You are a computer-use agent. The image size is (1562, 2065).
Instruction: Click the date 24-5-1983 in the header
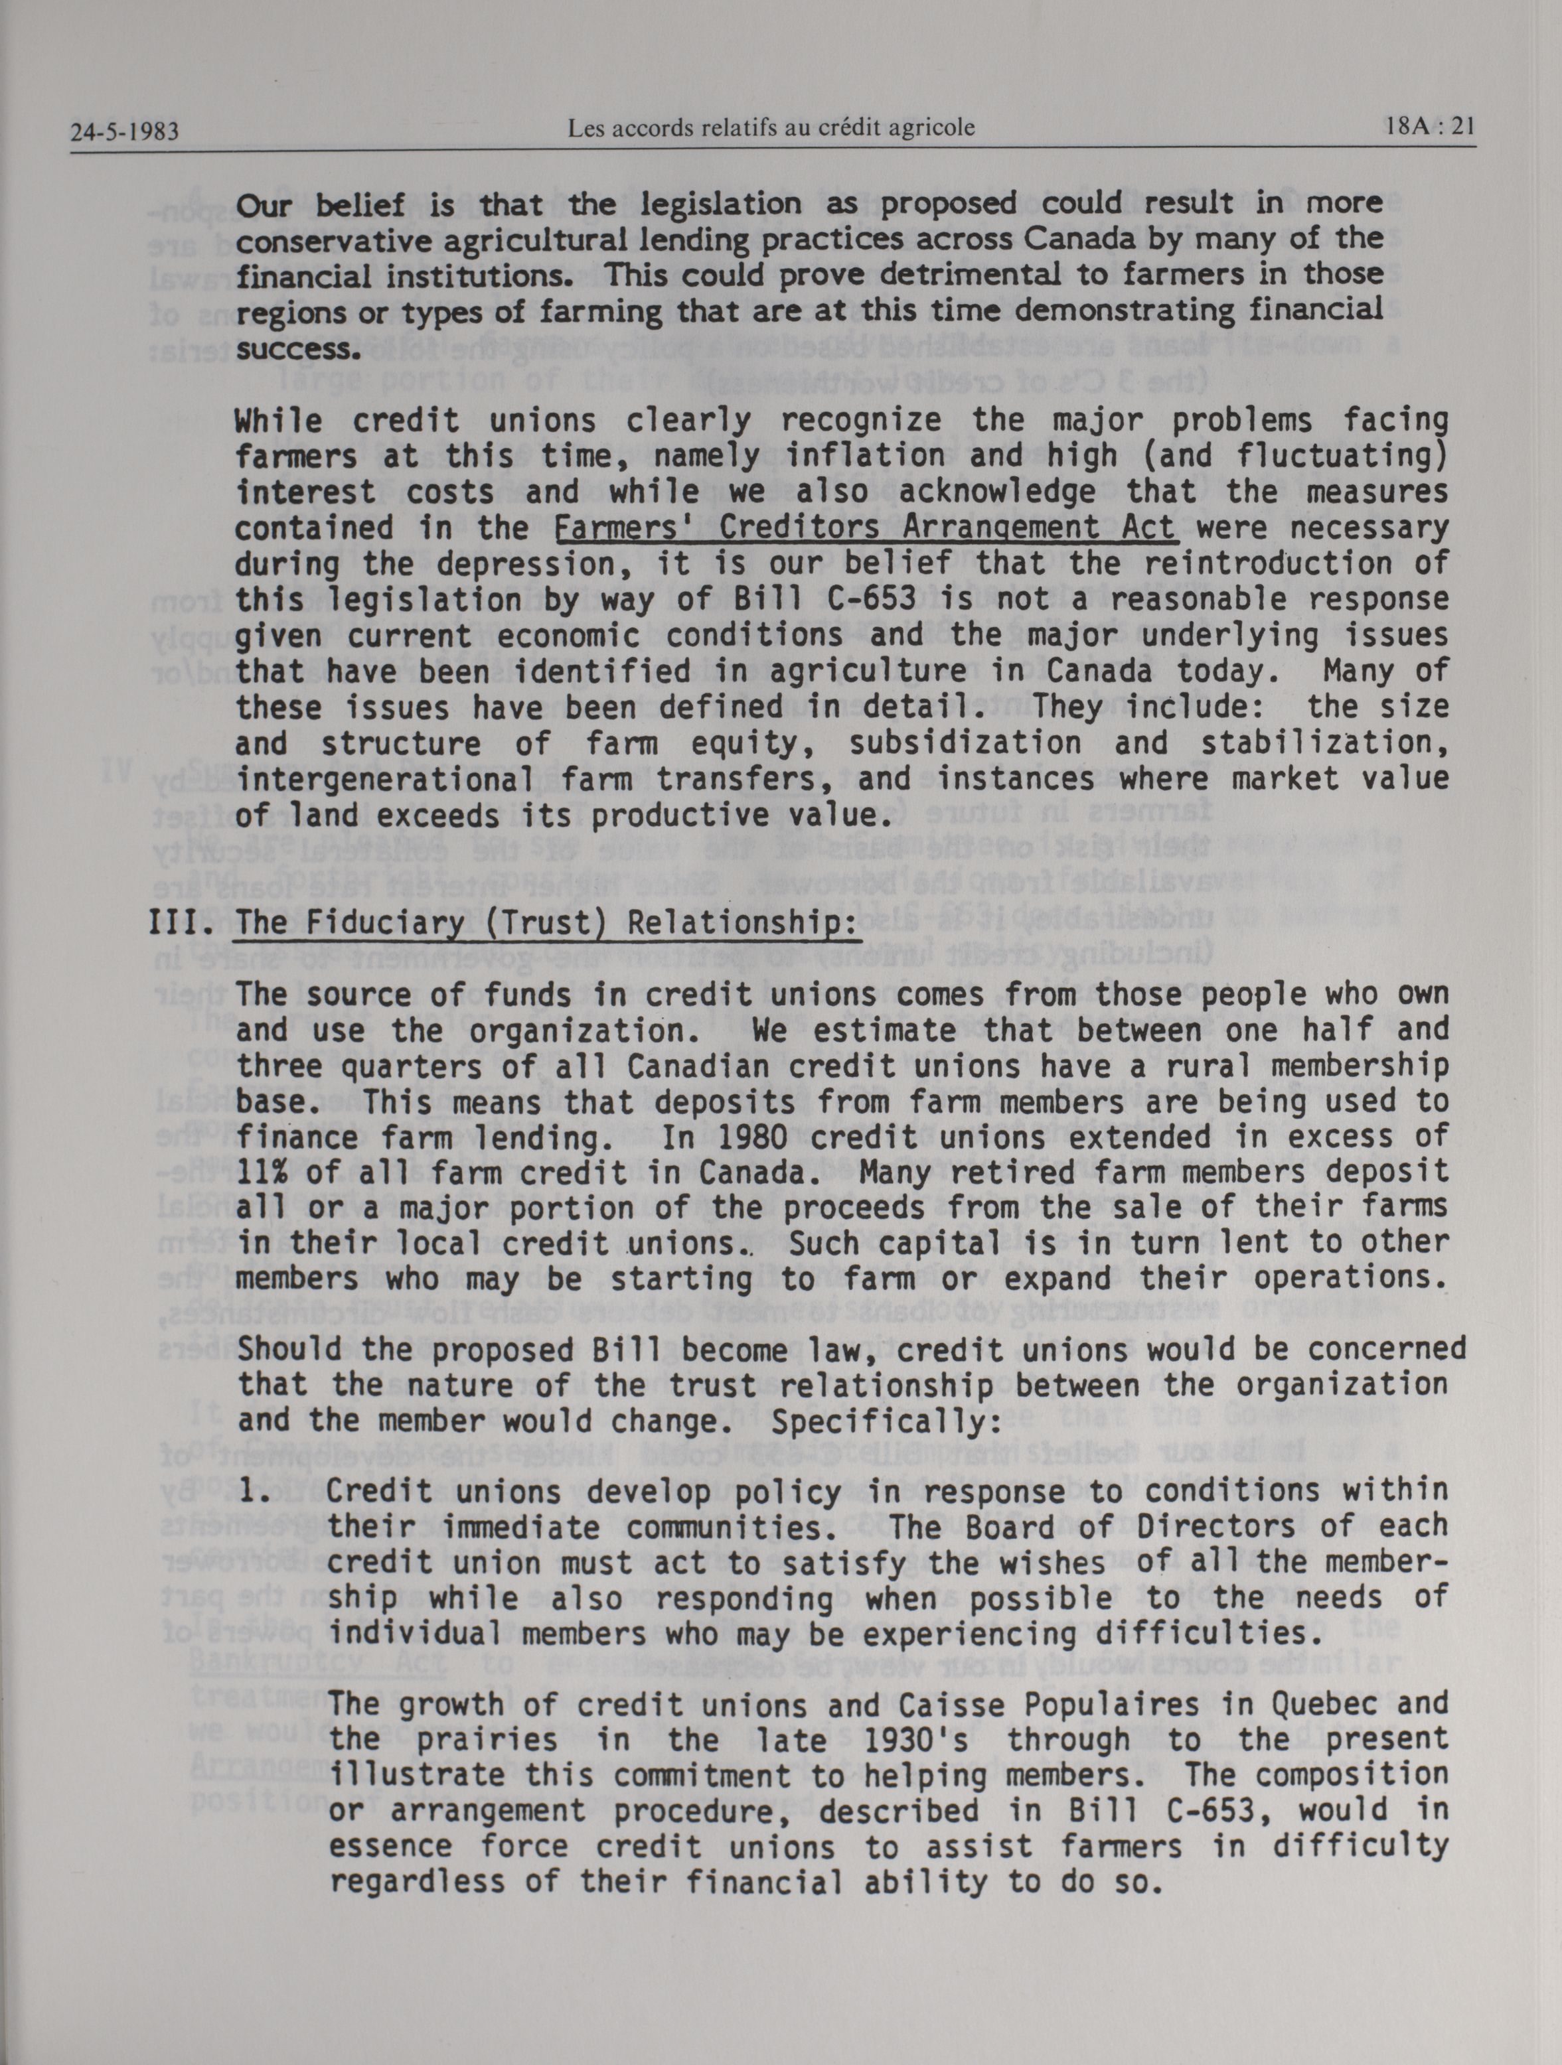124,133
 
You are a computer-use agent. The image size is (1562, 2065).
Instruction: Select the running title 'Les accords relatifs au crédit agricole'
771,128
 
